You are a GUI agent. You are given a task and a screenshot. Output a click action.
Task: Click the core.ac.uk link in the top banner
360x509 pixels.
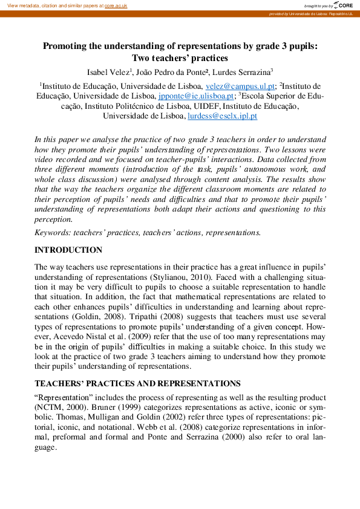point(116,5)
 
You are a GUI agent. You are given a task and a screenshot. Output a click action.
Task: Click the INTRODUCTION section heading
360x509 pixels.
point(68,250)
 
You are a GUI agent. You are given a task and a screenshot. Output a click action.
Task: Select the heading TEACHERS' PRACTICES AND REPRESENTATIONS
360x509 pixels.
point(137,384)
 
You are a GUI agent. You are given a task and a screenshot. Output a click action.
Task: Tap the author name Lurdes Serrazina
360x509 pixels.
point(241,72)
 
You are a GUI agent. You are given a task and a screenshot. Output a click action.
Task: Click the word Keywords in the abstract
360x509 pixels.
point(52,232)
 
